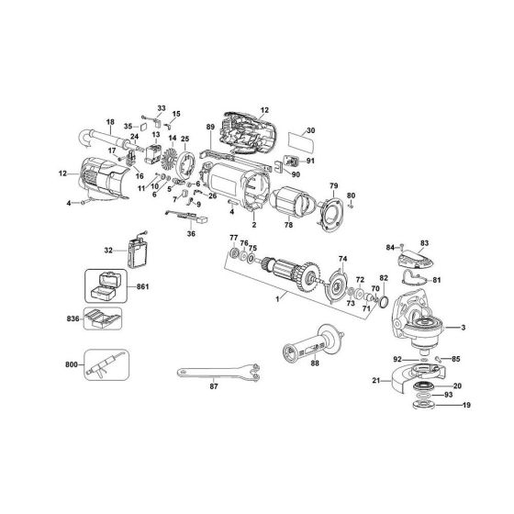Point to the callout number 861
(141, 287)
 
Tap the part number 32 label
(109, 249)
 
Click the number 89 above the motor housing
(210, 126)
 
